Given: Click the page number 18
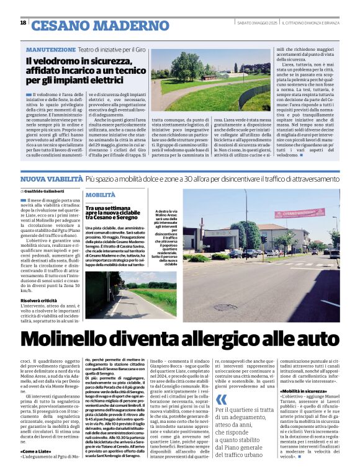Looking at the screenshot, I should click(x=23, y=23).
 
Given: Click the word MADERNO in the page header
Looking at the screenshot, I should click(x=134, y=25).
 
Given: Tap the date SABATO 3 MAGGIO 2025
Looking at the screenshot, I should click(x=256, y=23).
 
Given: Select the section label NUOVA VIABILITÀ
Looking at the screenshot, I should click(x=50, y=179).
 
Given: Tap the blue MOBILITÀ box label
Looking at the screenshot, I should click(x=101, y=195).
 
